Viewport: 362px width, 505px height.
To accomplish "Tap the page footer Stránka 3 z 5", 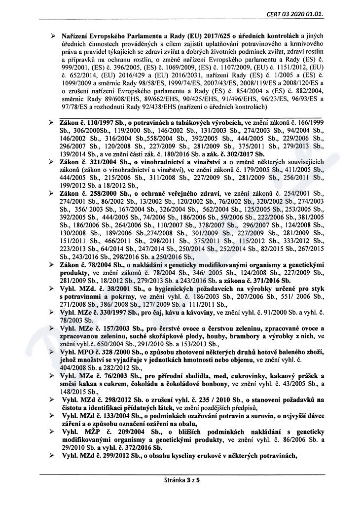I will (181, 479).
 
